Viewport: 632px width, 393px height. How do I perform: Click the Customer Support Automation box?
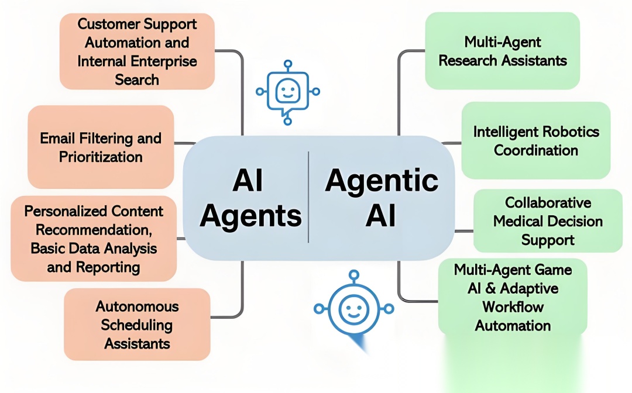click(x=137, y=51)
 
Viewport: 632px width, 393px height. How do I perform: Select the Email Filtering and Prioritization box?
click(x=101, y=147)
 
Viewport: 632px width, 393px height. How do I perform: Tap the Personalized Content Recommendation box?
click(x=94, y=239)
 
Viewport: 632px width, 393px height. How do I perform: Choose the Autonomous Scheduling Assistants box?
click(x=137, y=325)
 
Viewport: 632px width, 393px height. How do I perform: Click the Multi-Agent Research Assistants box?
click(x=502, y=51)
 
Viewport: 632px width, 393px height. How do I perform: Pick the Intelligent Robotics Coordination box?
click(x=535, y=140)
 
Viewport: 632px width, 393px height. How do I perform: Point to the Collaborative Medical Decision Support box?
click(x=548, y=221)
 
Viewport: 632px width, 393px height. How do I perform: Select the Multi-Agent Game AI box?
click(x=513, y=297)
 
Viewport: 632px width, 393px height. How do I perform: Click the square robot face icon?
click(x=287, y=91)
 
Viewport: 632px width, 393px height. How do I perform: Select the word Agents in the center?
click(x=250, y=217)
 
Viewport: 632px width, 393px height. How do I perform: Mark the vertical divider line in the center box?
click(x=308, y=197)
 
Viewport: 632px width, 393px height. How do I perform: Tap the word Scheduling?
click(x=137, y=325)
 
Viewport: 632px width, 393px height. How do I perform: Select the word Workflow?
click(x=513, y=307)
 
